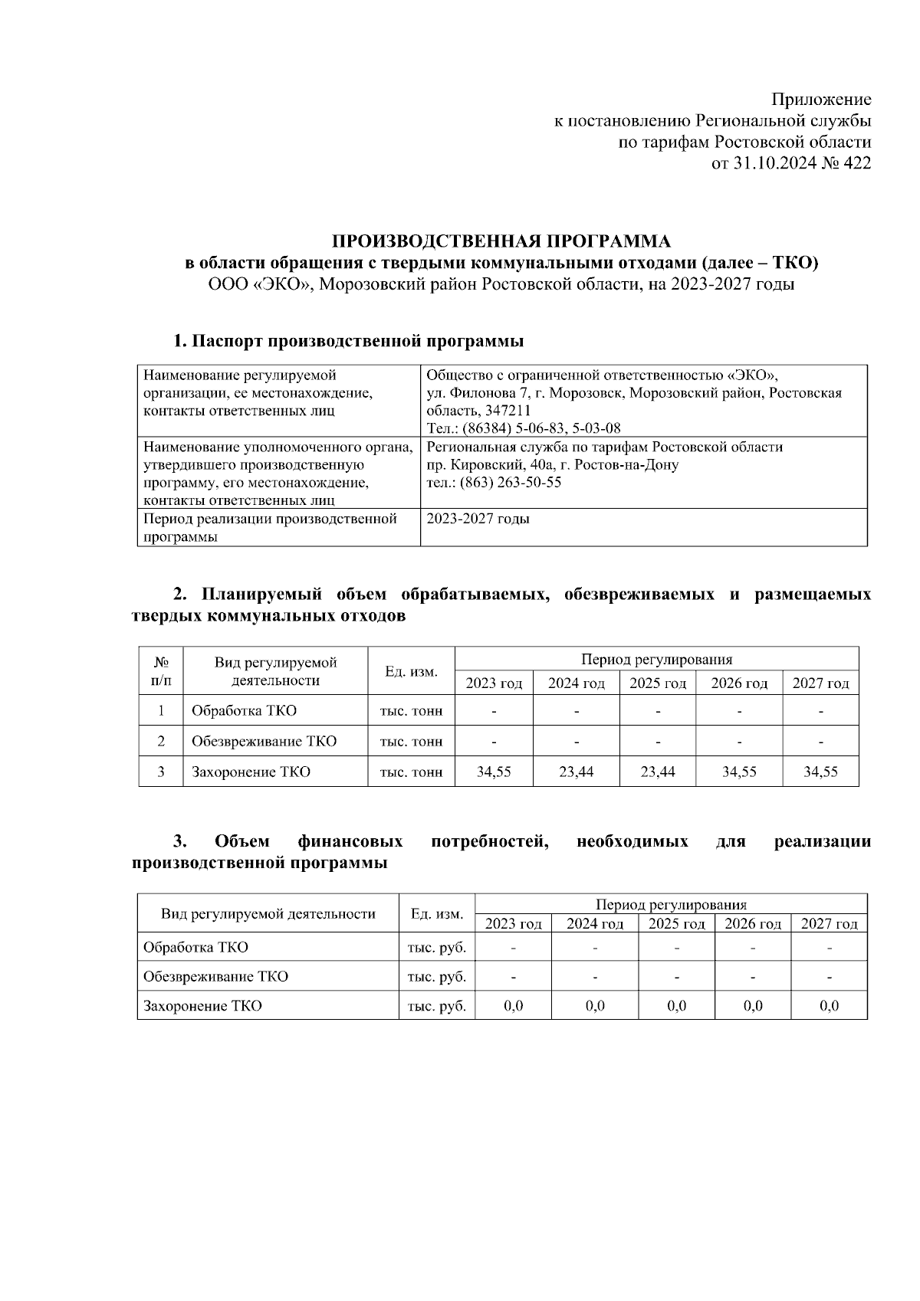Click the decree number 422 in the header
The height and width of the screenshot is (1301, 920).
pyautogui.click(x=856, y=163)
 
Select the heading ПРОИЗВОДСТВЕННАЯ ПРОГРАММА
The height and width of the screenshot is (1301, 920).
pyautogui.click(x=501, y=242)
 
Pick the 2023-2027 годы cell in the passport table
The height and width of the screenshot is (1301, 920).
pyautogui.click(x=477, y=519)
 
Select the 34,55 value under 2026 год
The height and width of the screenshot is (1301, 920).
pyautogui.click(x=739, y=772)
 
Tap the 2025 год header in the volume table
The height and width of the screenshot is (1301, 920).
pyautogui.click(x=657, y=683)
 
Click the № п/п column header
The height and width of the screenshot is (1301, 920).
pyautogui.click(x=161, y=670)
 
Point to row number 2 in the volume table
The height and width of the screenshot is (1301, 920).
pyautogui.click(x=161, y=742)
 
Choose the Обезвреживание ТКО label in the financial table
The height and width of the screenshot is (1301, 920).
pyautogui.click(x=215, y=977)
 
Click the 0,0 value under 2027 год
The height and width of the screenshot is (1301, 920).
pyautogui.click(x=829, y=1006)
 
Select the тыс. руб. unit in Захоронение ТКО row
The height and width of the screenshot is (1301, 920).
pyautogui.click(x=436, y=1006)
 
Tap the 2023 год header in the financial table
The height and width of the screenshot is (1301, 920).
pyautogui.click(x=513, y=924)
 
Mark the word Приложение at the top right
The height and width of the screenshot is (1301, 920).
pyautogui.click(x=821, y=100)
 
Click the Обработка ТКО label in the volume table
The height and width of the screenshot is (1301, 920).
pyautogui.click(x=244, y=711)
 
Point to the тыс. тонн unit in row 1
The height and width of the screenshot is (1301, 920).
pyautogui.click(x=411, y=711)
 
